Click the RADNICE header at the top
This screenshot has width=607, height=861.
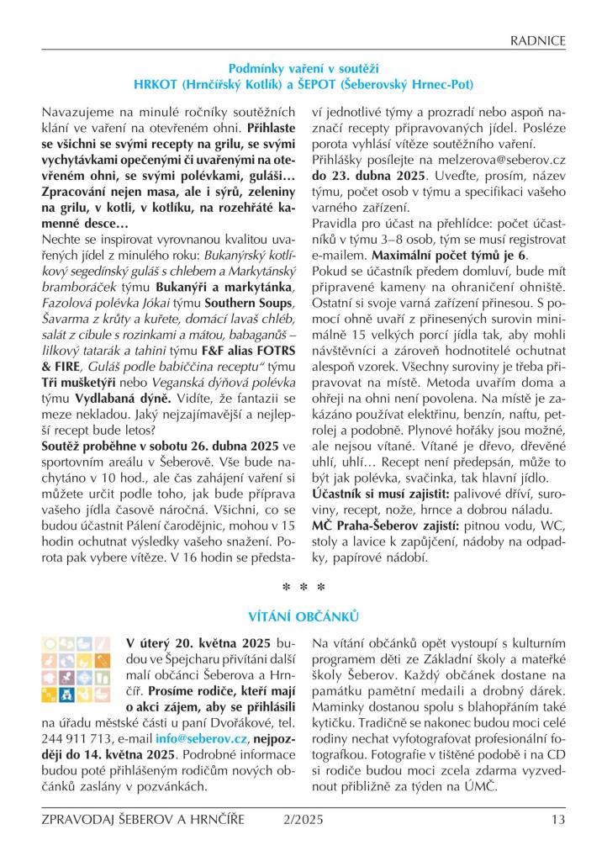[539, 40]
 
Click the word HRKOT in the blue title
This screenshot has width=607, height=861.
[155, 85]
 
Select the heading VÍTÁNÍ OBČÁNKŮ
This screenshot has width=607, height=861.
[303, 617]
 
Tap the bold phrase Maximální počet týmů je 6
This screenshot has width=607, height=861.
[451, 254]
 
